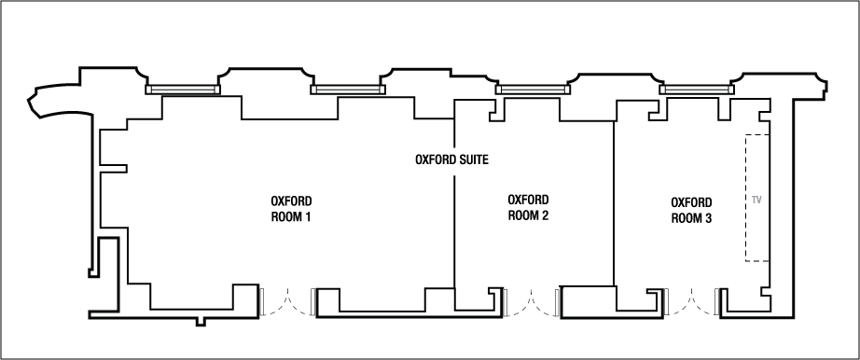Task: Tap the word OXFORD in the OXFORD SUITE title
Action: click(436, 159)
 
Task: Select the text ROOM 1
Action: click(290, 216)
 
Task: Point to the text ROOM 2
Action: click(528, 215)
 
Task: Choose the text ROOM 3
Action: click(692, 217)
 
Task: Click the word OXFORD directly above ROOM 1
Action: click(290, 201)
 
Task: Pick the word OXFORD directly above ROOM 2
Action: click(528, 200)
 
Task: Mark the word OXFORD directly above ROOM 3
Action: click(692, 202)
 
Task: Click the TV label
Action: click(756, 200)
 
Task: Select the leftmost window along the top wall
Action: click(182, 90)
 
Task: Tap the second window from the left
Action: click(347, 90)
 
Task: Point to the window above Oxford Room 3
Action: click(696, 90)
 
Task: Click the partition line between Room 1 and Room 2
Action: click(454, 224)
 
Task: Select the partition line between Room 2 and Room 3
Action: click(614, 205)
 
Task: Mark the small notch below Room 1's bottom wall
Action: click(201, 321)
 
